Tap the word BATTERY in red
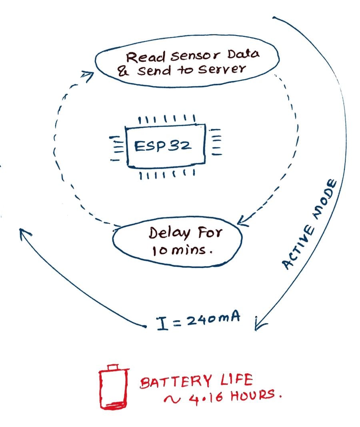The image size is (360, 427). (174, 382)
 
